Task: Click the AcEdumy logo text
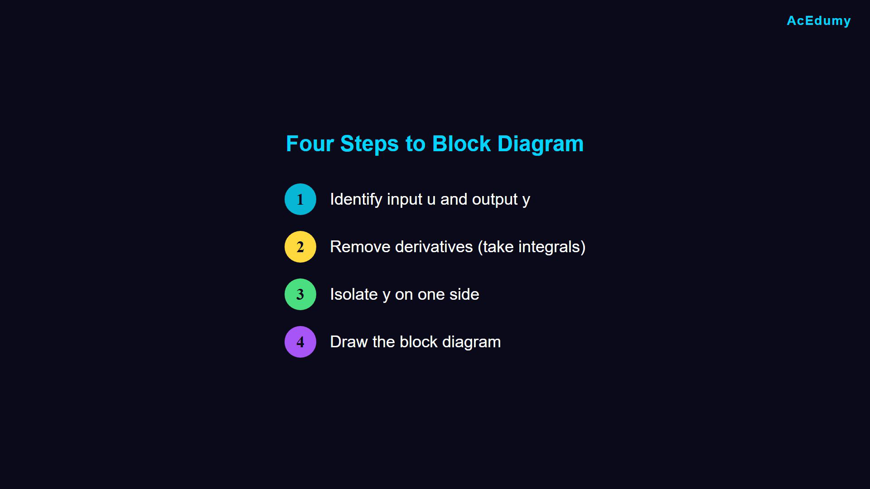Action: click(x=819, y=21)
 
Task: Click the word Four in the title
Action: click(x=310, y=144)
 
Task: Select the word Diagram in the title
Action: click(x=541, y=144)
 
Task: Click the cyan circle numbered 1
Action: click(x=300, y=199)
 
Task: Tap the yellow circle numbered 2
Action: click(x=300, y=247)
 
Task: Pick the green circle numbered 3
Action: click(x=300, y=294)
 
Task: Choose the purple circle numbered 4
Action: click(x=300, y=342)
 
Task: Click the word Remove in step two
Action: click(x=360, y=247)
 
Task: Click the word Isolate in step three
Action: click(x=354, y=294)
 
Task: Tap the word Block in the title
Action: click(x=461, y=144)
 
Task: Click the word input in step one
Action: click(x=405, y=200)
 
